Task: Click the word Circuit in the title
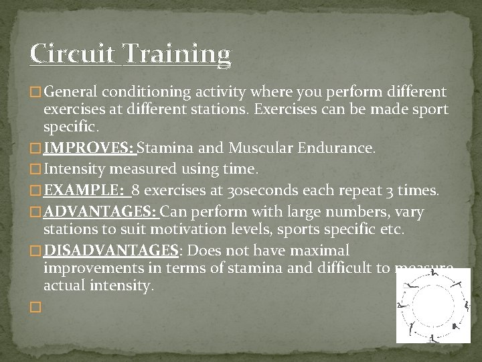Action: (74, 54)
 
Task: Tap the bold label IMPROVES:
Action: (89, 148)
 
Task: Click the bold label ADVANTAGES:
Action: (101, 213)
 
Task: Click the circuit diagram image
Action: (433, 306)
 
